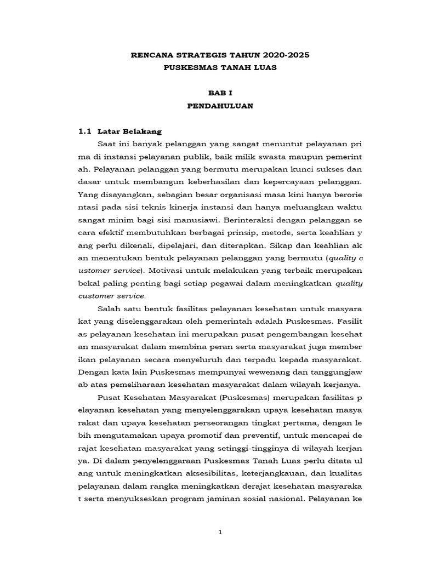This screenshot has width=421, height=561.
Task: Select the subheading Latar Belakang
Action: click(129, 131)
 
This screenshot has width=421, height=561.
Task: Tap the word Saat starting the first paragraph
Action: click(107, 144)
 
